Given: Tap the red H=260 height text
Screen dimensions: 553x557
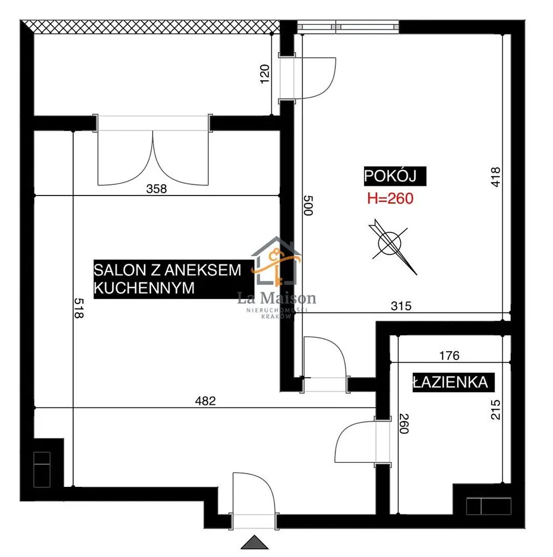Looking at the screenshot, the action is [x=390, y=198].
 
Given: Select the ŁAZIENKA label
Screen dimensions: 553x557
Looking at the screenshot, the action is [x=451, y=382].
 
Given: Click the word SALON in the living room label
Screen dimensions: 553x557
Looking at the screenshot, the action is [x=120, y=270].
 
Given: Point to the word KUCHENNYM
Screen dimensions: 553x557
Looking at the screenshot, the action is [x=144, y=288].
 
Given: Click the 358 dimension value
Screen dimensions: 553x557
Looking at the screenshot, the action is [x=156, y=189].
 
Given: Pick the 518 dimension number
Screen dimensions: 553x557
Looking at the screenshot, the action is [x=79, y=308].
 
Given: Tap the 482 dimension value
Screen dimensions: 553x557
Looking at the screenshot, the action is [x=205, y=401].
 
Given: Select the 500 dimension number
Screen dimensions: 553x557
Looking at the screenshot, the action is [x=308, y=206].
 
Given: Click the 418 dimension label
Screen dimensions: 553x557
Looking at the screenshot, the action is [x=496, y=177].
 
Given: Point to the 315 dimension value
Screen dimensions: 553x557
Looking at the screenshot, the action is [x=401, y=306].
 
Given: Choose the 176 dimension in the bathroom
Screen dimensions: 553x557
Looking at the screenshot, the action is [x=449, y=355].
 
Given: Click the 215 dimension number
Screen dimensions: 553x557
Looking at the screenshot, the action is [x=496, y=409].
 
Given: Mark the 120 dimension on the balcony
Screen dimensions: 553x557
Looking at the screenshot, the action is [x=265, y=74].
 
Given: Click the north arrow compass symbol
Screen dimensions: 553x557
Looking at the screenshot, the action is [x=392, y=246].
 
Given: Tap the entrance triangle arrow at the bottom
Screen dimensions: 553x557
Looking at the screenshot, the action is [x=255, y=542].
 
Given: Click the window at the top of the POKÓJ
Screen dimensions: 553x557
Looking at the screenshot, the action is [x=348, y=27].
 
